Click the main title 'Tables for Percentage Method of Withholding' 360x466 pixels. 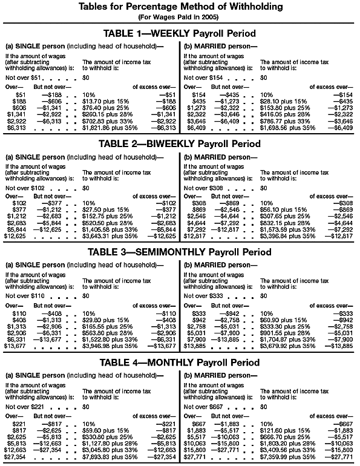(x=180, y=7)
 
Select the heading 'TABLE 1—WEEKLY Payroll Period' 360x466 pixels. (x=180, y=33)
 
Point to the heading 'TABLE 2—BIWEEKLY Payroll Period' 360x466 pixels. (x=180, y=143)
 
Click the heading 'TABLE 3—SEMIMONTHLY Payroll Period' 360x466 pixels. (x=180, y=252)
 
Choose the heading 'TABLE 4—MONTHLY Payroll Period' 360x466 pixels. (x=180, y=363)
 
